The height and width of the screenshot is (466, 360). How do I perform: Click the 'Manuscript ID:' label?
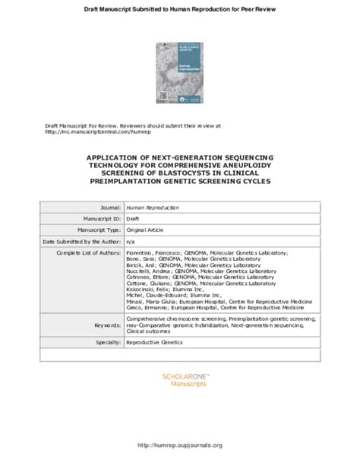[x=98, y=217]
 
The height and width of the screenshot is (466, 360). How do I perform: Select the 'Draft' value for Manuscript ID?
[x=133, y=218]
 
